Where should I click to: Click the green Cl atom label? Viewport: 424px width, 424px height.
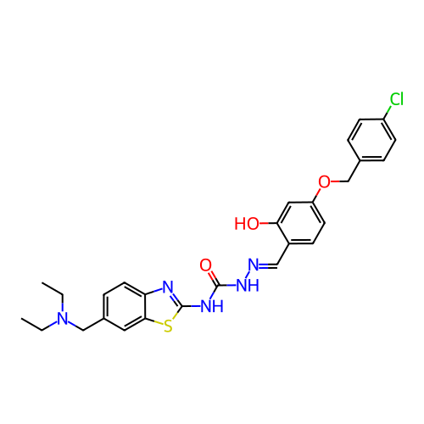click(x=396, y=99)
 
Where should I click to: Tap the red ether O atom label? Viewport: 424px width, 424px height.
click(x=324, y=181)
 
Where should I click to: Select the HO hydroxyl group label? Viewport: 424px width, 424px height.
click(x=247, y=224)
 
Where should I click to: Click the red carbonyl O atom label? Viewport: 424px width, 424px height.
click(x=205, y=265)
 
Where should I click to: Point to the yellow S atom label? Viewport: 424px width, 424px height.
click(x=168, y=326)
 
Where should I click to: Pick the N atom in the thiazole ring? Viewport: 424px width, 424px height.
click(x=168, y=287)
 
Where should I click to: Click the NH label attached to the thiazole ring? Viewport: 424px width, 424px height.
click(x=212, y=306)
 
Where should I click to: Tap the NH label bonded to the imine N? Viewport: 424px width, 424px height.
click(x=248, y=286)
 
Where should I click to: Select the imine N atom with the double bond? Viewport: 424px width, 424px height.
click(x=254, y=265)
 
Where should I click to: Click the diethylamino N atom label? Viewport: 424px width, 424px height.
click(x=63, y=319)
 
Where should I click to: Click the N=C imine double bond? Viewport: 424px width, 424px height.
click(x=268, y=265)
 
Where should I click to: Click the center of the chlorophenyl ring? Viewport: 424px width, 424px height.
click(x=371, y=140)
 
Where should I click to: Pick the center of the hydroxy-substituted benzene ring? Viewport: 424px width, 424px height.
click(x=301, y=223)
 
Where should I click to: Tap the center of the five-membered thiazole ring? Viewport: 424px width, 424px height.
click(x=163, y=306)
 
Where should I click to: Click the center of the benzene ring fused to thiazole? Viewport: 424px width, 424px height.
click(x=125, y=306)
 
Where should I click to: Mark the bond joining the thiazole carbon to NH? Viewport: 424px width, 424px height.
click(x=191, y=306)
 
